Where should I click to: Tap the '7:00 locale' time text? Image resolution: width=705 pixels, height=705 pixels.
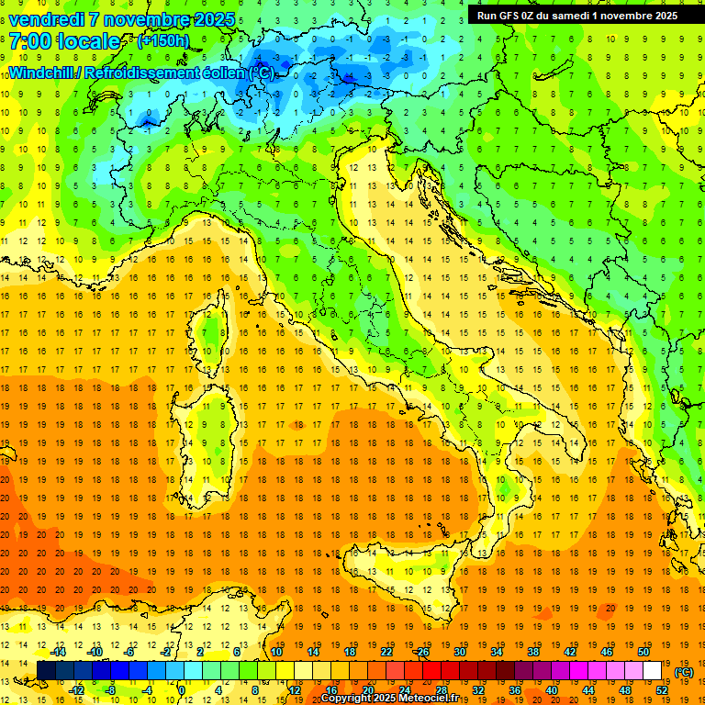coord(64,41)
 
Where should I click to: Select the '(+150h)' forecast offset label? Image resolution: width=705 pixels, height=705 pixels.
coord(162,41)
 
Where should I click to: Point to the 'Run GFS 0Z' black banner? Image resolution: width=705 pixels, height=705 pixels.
coord(577,15)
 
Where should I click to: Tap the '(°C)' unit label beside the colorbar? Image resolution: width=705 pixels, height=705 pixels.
coord(684,672)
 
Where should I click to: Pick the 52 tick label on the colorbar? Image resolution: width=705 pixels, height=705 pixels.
coord(661,690)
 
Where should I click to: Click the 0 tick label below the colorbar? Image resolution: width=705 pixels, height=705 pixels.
coord(183,690)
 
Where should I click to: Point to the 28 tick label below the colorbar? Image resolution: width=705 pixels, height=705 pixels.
coord(441,690)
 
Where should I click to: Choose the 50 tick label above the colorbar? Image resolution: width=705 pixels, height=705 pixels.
coord(643,652)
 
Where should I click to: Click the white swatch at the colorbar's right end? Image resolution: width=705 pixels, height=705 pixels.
coord(652,671)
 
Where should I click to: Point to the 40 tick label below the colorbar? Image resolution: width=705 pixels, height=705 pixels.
coord(551,690)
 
